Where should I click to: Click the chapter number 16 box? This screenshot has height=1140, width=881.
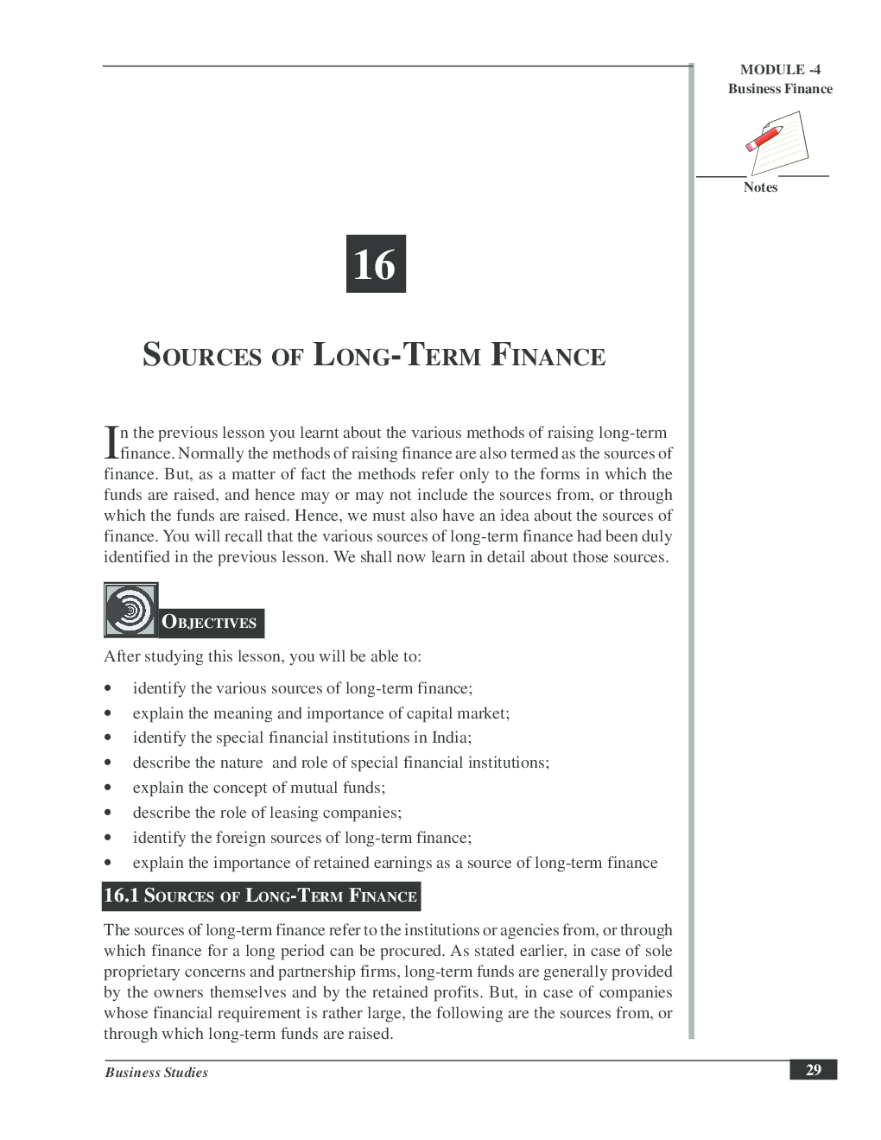(x=376, y=263)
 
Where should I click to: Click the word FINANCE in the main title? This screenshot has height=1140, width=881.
(x=548, y=355)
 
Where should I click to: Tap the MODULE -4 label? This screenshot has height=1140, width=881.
(x=780, y=70)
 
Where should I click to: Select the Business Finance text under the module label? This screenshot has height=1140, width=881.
(x=780, y=89)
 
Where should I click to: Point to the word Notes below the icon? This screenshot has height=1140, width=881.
(x=760, y=187)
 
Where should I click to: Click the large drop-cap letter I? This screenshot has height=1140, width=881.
(x=111, y=442)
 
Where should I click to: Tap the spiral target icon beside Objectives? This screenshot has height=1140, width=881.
(x=130, y=610)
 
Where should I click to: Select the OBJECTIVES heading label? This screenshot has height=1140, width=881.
(x=210, y=622)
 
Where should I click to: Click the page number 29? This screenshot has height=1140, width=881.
(x=813, y=1070)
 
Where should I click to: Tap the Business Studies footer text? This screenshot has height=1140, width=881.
(x=156, y=1073)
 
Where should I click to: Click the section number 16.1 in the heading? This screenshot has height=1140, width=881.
(x=121, y=896)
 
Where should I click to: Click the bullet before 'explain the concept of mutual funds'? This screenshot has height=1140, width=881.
(x=108, y=788)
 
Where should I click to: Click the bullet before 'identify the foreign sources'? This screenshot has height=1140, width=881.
(x=108, y=838)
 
